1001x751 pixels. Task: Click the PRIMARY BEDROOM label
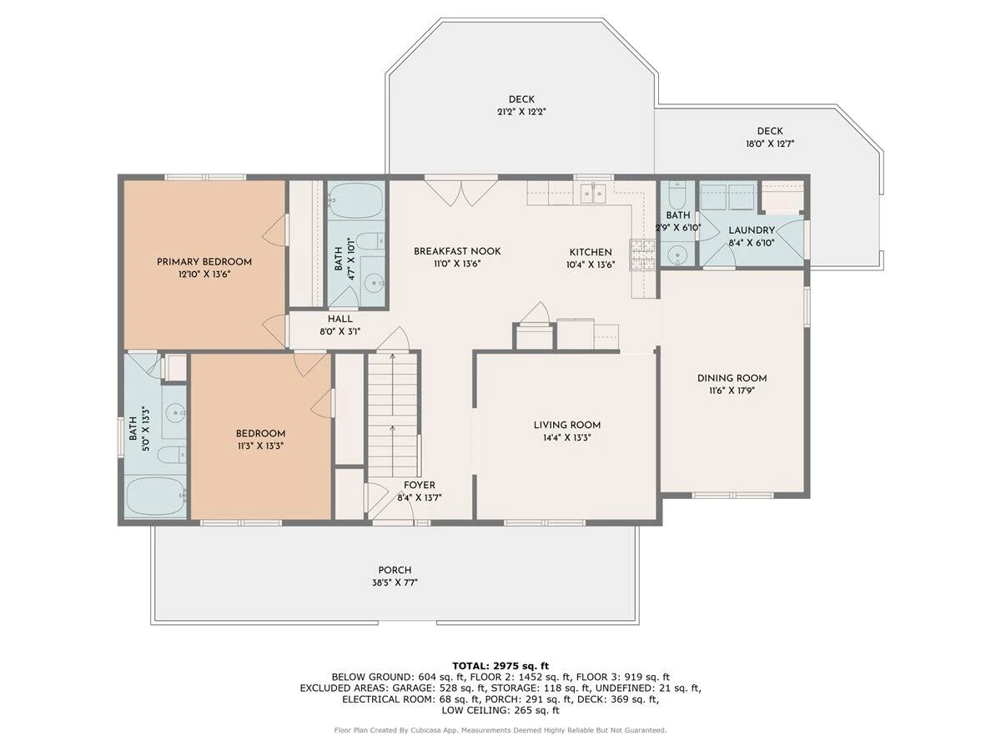(x=204, y=262)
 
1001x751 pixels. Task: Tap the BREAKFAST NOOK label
(x=457, y=251)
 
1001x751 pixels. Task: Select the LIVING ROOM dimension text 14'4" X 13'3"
(x=567, y=437)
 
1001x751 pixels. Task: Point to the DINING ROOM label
(x=732, y=378)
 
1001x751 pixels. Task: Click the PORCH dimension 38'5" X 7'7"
(x=395, y=582)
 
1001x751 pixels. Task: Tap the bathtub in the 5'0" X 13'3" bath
(x=155, y=496)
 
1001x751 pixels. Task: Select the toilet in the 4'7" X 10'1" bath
(x=370, y=241)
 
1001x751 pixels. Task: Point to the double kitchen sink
(x=593, y=194)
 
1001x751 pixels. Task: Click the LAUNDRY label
(x=752, y=230)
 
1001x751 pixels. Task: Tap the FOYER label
(x=420, y=485)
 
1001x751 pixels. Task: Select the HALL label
(x=340, y=319)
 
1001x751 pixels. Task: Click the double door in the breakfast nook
(x=460, y=193)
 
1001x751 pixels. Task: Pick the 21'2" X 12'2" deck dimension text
(x=521, y=111)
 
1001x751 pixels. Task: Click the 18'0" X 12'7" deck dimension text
(x=770, y=144)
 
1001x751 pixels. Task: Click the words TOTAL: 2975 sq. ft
(x=500, y=666)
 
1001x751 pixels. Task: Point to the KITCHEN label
(x=591, y=252)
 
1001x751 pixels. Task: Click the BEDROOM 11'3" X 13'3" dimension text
(x=260, y=446)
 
